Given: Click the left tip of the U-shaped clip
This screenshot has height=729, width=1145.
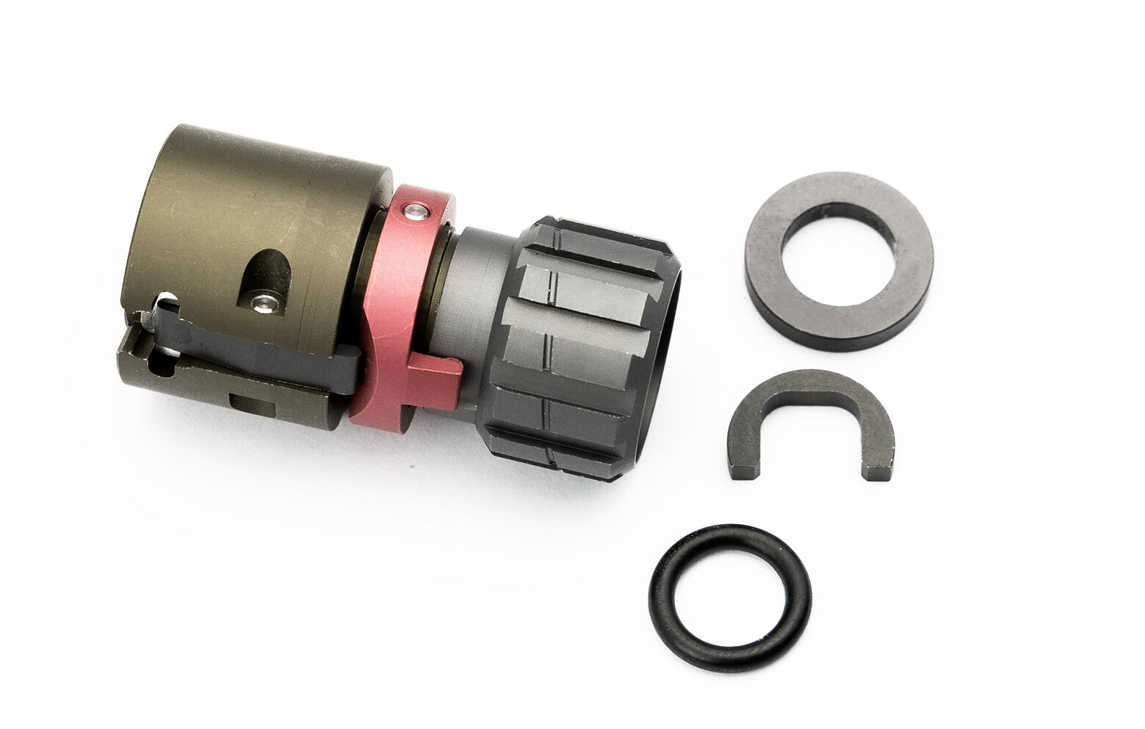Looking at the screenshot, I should [743, 467].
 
